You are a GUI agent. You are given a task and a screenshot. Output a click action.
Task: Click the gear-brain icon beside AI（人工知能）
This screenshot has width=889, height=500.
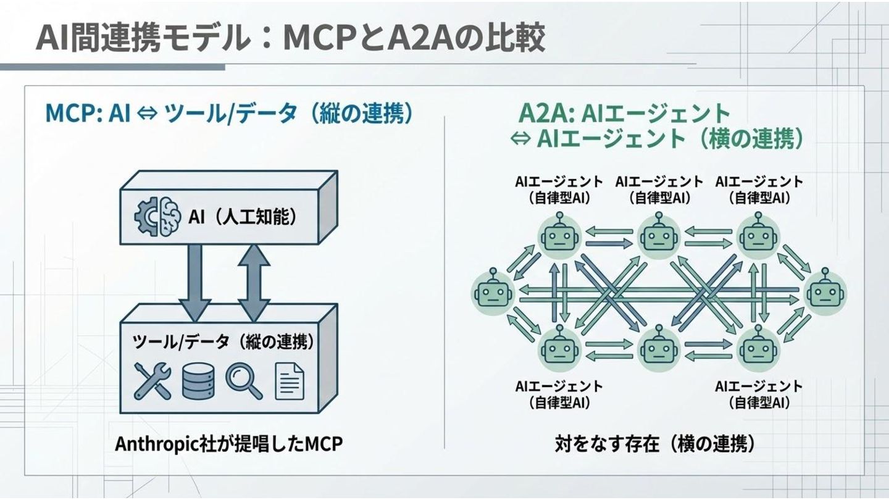coord(157,217)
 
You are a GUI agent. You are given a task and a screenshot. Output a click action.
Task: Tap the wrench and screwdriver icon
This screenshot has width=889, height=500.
coord(152,380)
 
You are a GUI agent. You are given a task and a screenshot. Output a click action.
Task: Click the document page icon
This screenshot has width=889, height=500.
coord(289,380)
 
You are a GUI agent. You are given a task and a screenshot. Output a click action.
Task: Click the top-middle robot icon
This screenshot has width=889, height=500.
coord(658,235)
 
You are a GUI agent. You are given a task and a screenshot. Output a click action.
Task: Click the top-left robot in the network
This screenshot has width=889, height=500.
coord(559,235)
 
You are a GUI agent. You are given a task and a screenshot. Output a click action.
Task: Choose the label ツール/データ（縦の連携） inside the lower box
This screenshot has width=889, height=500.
coord(222,342)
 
